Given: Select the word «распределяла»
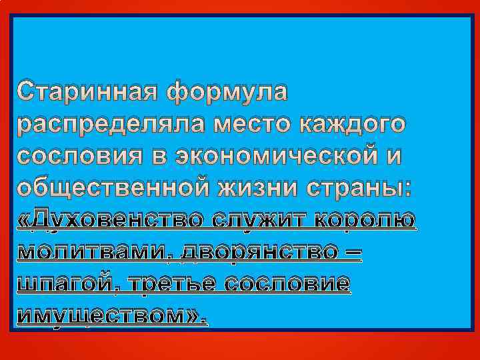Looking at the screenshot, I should coord(108,125).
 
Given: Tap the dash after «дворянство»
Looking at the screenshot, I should coord(353,253).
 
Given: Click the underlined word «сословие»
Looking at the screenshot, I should coord(287,283).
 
